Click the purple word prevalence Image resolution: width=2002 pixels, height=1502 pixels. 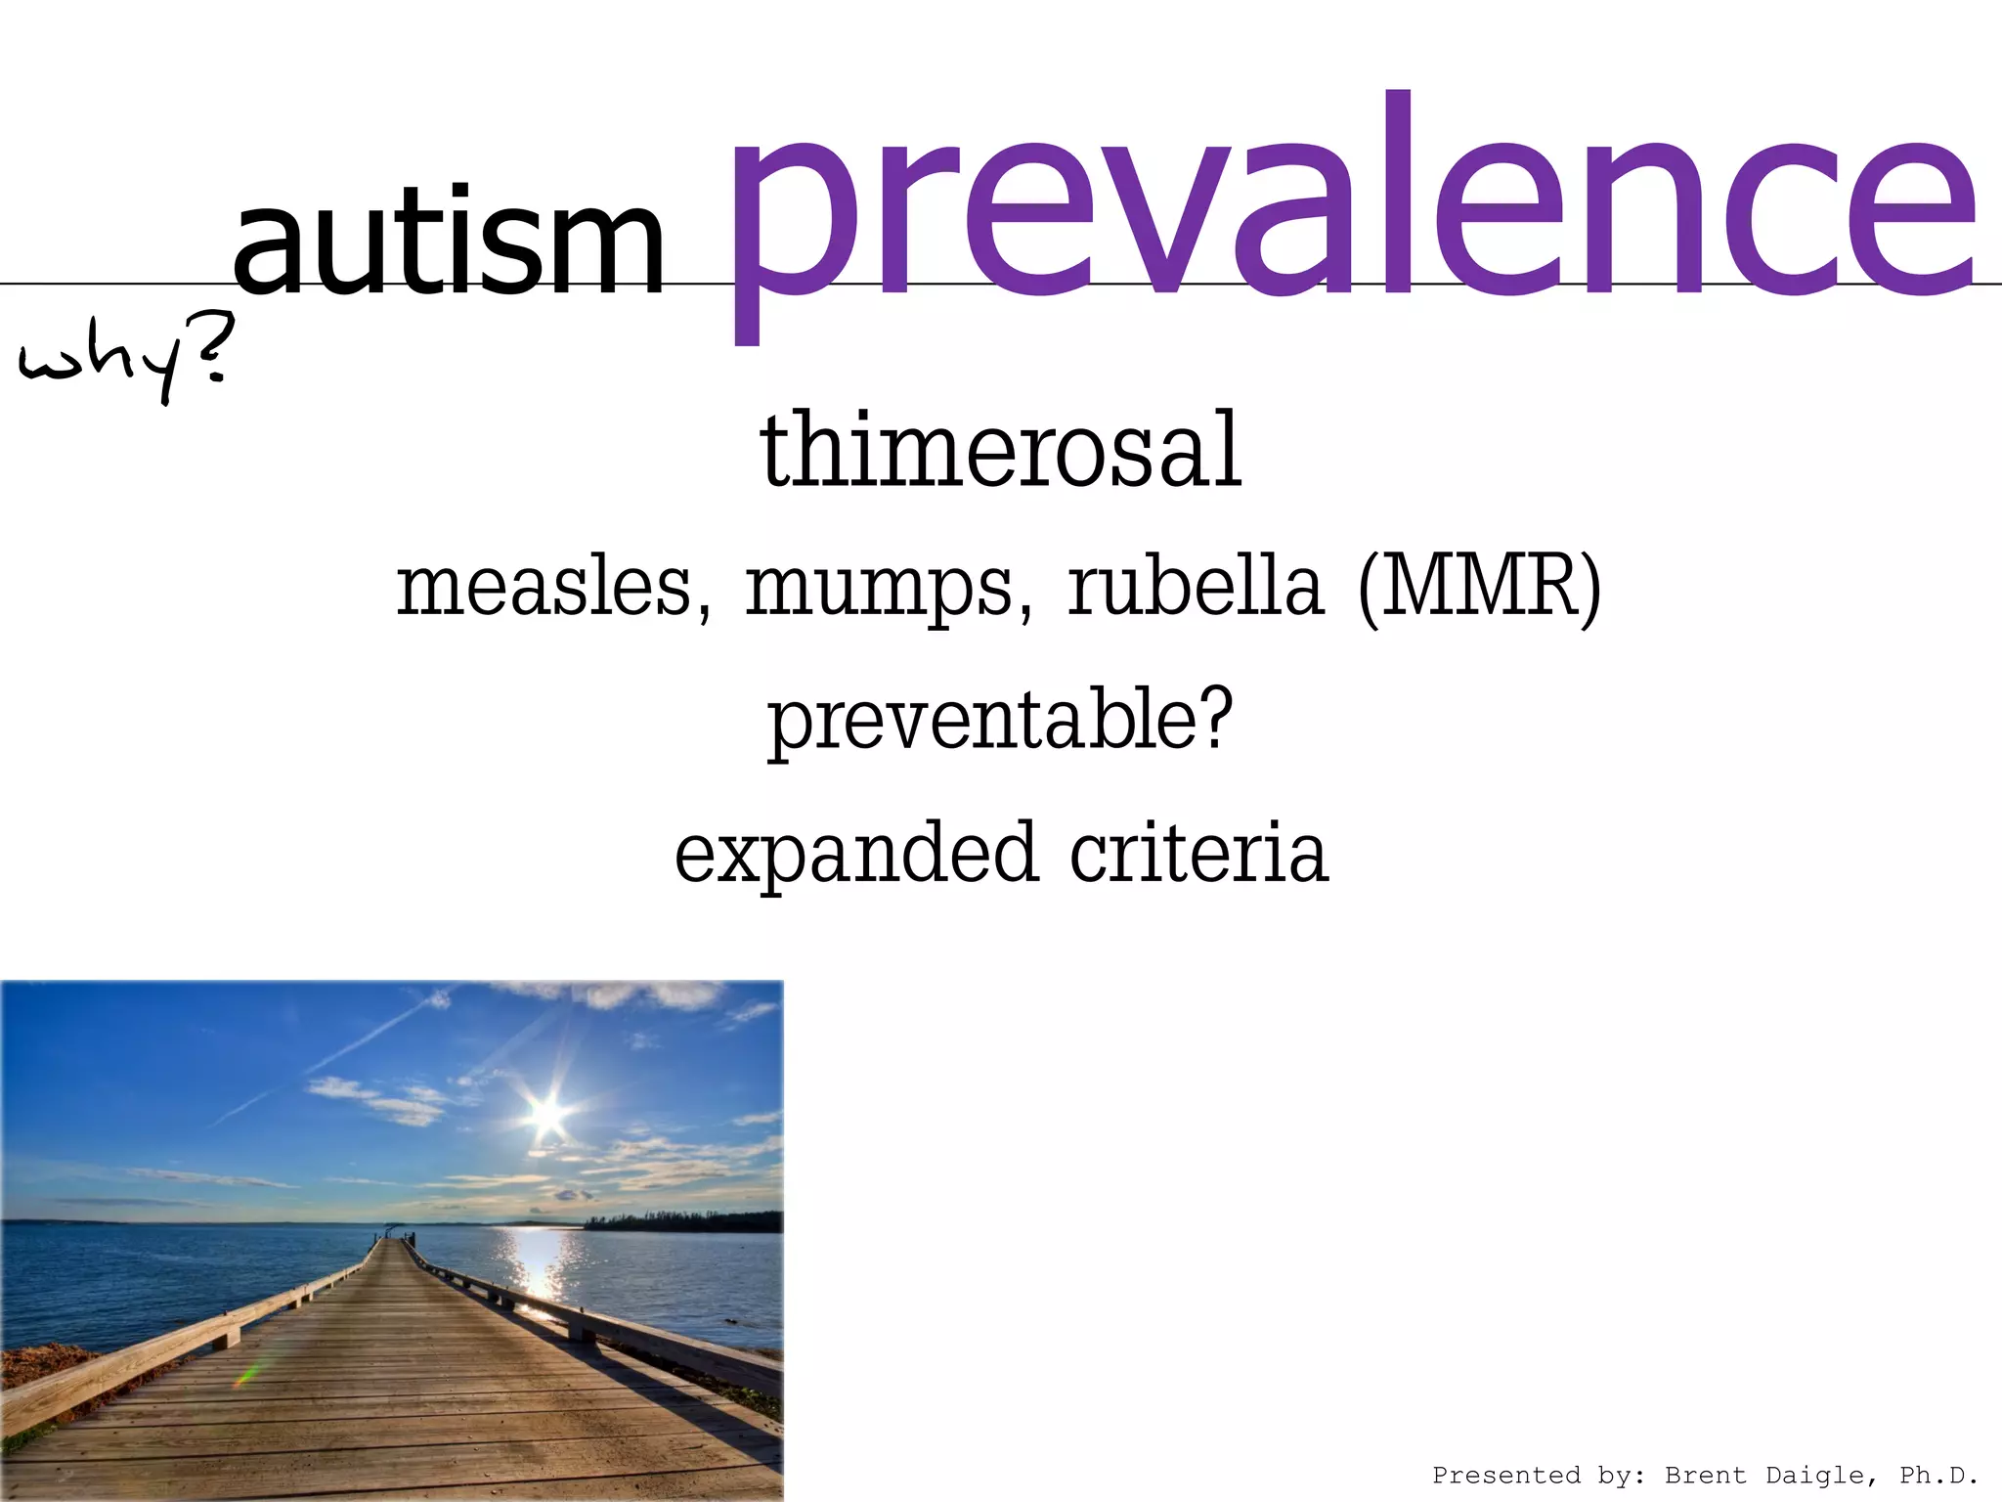point(1349,210)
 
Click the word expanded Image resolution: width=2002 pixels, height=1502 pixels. point(854,854)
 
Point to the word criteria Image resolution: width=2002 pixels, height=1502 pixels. point(1198,853)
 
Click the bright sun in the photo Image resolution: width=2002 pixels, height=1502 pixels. point(547,1114)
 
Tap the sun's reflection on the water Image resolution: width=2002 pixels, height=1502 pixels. point(533,1261)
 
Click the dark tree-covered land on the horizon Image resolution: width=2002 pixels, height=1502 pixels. point(684,1221)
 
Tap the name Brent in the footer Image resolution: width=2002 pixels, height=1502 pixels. point(1705,1475)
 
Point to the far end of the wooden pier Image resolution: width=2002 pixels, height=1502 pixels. point(391,1238)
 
